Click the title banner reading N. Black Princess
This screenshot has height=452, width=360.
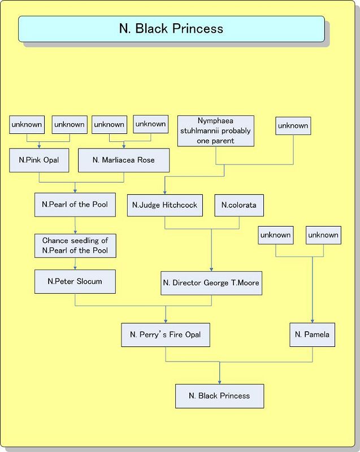[171, 29]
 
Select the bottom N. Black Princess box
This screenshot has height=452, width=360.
[219, 395]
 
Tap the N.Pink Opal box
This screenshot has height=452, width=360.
[39, 160]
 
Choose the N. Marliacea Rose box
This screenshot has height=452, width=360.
[124, 160]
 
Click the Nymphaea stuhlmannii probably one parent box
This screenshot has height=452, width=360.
[215, 131]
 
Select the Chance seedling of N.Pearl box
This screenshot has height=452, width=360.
[75, 245]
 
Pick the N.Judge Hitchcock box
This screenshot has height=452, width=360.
[165, 205]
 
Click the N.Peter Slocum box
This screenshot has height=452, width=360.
[75, 281]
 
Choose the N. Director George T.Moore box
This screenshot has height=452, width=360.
[211, 282]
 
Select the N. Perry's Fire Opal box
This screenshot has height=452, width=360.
[166, 334]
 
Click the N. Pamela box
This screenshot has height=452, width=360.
[312, 334]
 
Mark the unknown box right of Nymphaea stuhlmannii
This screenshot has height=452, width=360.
[293, 125]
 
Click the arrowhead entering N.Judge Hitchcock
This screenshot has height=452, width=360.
[165, 192]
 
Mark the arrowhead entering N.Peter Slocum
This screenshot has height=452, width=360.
[75, 268]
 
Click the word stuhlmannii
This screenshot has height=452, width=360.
[207, 131]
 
